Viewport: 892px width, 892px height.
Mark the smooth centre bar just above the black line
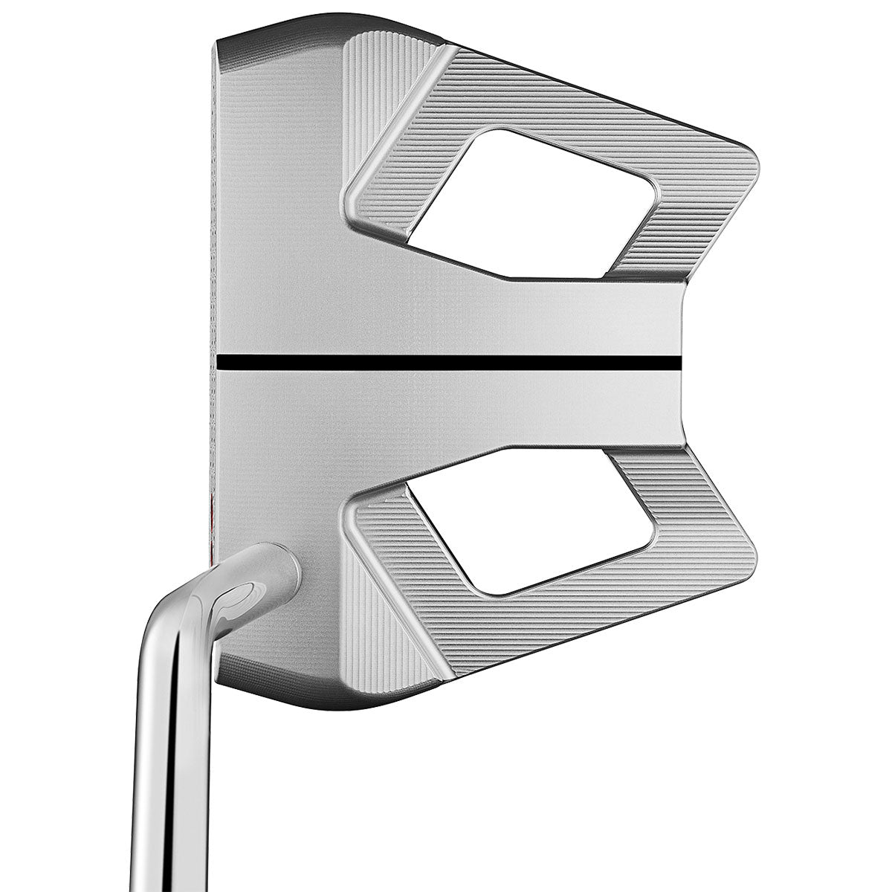pyautogui.click(x=446, y=320)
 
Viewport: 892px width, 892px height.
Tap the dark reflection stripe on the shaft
pyautogui.click(x=170, y=743)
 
